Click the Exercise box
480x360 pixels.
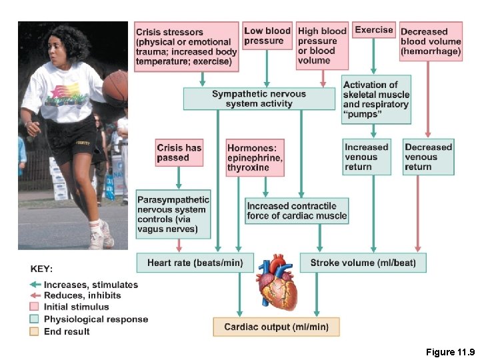[373, 30]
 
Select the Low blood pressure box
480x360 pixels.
[267, 36]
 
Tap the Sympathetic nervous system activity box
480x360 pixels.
[259, 99]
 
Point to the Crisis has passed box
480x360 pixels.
[179, 153]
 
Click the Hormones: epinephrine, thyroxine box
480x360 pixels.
[255, 158]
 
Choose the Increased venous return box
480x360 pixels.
[366, 157]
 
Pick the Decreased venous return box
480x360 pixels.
[428, 157]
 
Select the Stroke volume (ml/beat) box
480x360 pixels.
[363, 263]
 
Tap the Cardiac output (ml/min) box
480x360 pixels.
[276, 327]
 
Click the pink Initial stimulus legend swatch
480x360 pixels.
[35, 307]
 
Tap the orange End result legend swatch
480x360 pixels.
[35, 331]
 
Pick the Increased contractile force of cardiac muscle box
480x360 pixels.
[297, 211]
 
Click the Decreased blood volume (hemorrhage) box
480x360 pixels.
[430, 41]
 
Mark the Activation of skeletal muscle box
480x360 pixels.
[376, 99]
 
